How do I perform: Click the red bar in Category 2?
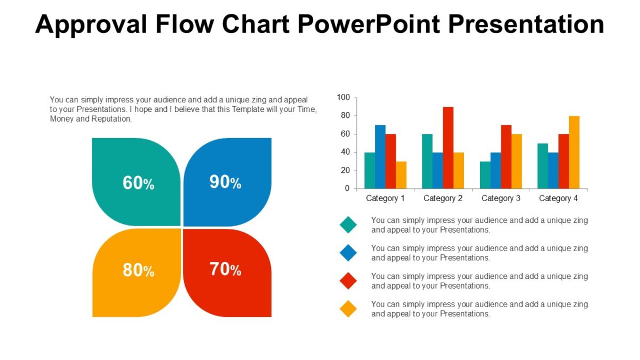click(x=448, y=148)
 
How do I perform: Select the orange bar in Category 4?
click(x=574, y=152)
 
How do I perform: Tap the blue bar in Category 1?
click(x=380, y=157)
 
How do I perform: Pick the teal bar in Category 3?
click(x=485, y=175)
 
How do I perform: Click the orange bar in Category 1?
click(x=401, y=175)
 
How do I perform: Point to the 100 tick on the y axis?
click(x=343, y=98)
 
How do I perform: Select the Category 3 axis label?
click(x=501, y=198)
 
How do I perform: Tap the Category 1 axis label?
click(x=386, y=198)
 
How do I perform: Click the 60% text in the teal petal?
click(x=138, y=183)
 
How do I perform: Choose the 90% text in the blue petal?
click(x=225, y=182)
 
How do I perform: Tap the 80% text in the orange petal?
click(x=138, y=270)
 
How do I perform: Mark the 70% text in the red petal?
click(x=225, y=269)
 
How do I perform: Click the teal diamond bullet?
click(x=348, y=225)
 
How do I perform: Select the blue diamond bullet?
click(x=348, y=253)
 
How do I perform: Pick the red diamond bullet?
click(x=348, y=281)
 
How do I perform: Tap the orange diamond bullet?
click(x=348, y=309)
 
